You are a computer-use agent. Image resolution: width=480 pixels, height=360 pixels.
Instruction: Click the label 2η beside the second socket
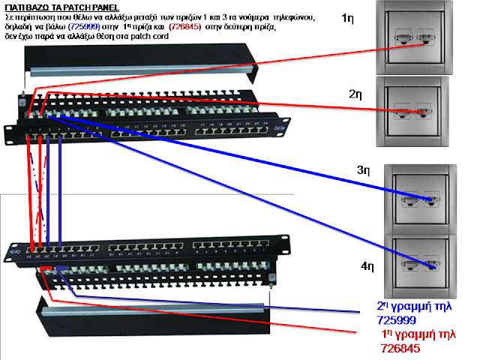pos(355,94)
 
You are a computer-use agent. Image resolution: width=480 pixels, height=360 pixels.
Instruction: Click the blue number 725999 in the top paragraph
pos(88,26)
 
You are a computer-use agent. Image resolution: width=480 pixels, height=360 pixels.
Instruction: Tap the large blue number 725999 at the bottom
pos(397,320)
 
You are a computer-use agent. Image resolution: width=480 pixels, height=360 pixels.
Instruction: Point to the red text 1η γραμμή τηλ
pos(418,334)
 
